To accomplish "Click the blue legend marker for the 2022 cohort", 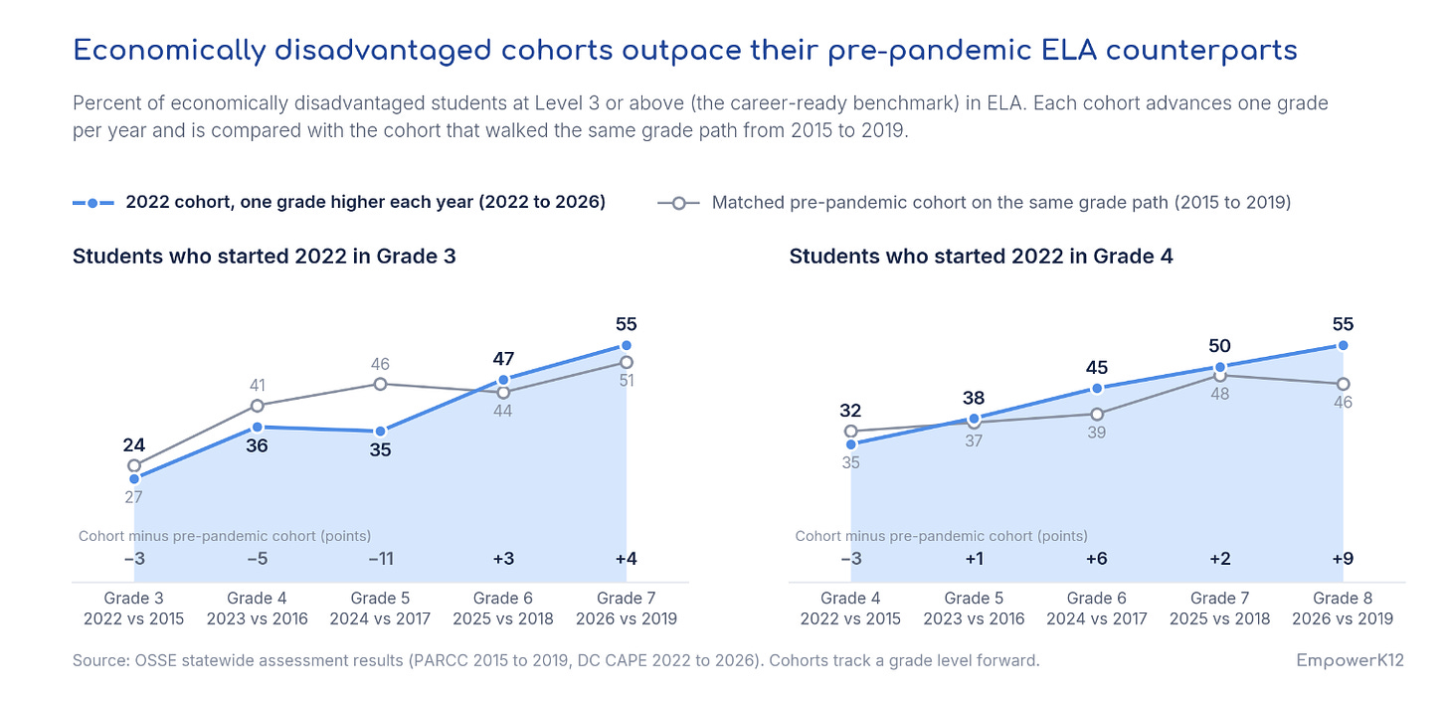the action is [x=93, y=203].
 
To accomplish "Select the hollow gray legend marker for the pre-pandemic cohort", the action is [x=678, y=203].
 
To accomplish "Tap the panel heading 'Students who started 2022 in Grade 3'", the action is [x=264, y=257].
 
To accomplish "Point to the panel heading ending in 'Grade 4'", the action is [x=981, y=257].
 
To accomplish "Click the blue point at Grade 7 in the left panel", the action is [x=626, y=346].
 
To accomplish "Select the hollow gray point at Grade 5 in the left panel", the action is [x=380, y=385].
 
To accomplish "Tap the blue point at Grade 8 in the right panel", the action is [x=1343, y=346].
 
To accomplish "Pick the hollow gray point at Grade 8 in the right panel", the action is [x=1343, y=385].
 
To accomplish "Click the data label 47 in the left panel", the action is [x=503, y=359].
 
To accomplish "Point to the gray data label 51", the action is [x=626, y=381].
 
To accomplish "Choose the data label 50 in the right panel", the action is [x=1220, y=346].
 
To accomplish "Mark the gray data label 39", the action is [x=1096, y=433].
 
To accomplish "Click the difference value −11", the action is [x=381, y=558].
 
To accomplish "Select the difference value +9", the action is [x=1343, y=558].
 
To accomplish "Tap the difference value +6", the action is [x=1096, y=558].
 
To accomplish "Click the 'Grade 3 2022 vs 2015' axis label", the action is [x=134, y=609].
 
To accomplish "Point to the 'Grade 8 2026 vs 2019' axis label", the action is [x=1343, y=609].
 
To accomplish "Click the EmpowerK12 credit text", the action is [x=1350, y=660].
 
